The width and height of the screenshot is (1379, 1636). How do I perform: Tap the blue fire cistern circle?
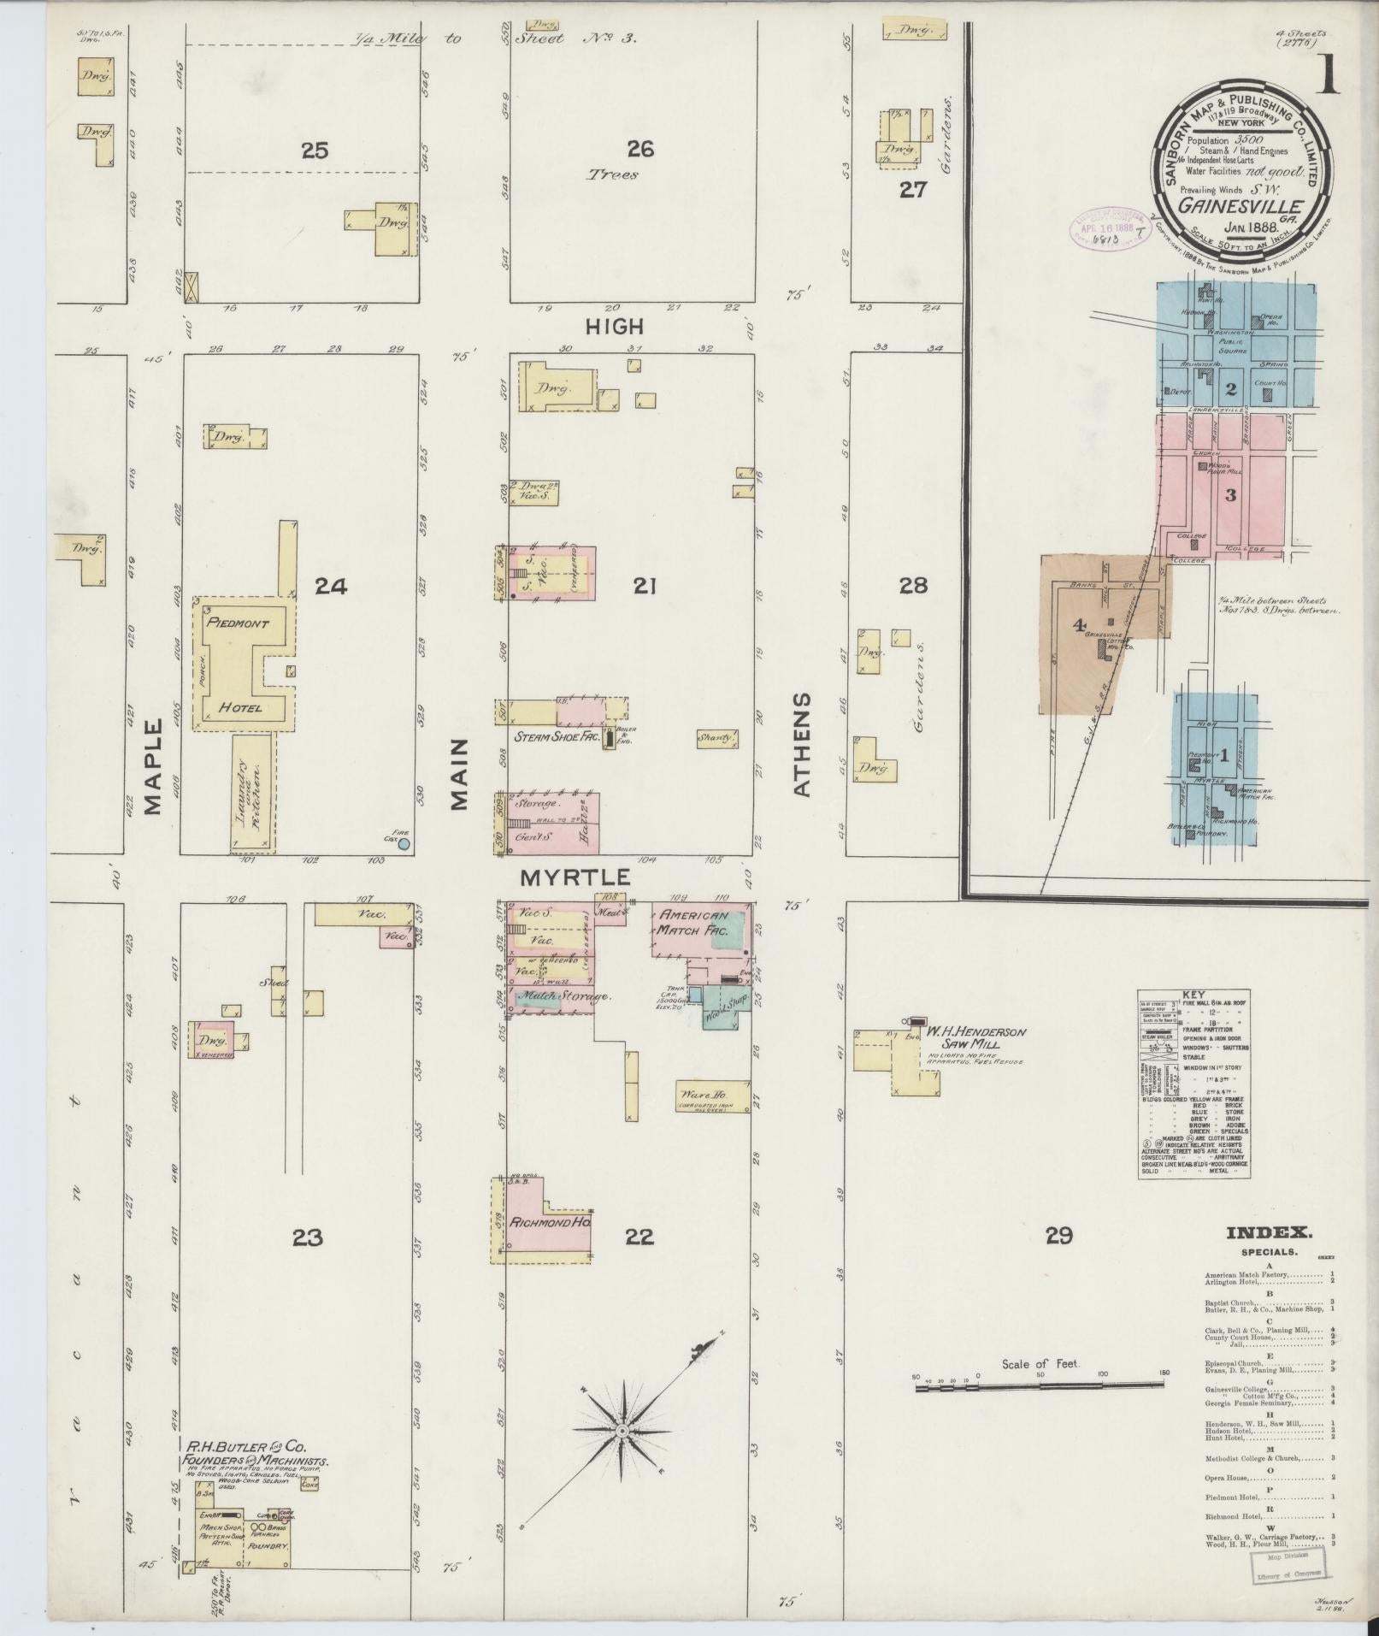pos(404,843)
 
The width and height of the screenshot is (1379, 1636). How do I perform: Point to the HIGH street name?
pos(614,327)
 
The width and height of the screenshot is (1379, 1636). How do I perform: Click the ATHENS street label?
pos(801,745)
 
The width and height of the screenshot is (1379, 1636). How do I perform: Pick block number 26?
pos(639,150)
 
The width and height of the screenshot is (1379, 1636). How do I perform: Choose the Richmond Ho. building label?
pos(551,1222)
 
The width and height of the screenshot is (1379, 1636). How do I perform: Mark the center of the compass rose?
pos(623,1431)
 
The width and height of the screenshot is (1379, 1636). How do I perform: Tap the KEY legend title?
pos(1193,995)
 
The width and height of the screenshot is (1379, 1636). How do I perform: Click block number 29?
pos(1058,1235)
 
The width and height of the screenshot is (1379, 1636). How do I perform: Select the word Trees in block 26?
pos(612,175)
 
